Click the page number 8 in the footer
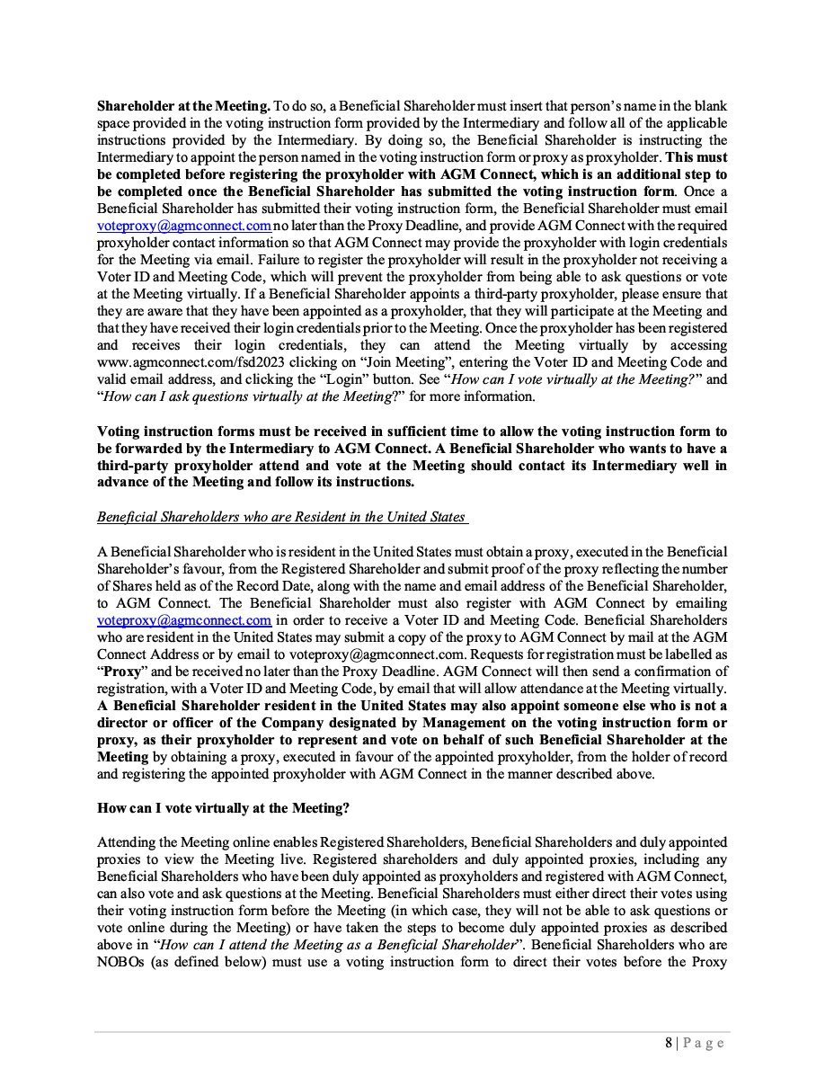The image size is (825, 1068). click(x=669, y=1043)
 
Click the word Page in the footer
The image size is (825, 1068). click(x=703, y=1043)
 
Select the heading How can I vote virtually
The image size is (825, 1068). click(x=223, y=808)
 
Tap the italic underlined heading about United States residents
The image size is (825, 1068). click(x=281, y=516)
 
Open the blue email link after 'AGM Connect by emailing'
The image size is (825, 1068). click(x=184, y=620)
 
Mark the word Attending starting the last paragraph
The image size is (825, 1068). click(x=127, y=842)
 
